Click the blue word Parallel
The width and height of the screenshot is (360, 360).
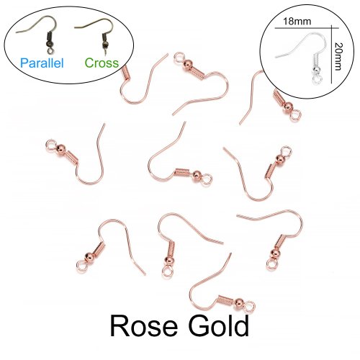[42, 63]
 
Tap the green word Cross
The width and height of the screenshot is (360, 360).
[102, 63]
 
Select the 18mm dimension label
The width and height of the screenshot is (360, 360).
[297, 22]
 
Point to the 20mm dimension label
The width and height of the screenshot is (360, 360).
[338, 56]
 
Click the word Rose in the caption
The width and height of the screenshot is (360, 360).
[144, 326]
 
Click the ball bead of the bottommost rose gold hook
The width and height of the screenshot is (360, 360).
[239, 302]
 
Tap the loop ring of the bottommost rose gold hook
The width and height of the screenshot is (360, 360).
[250, 306]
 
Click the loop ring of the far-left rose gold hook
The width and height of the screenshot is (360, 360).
[51, 145]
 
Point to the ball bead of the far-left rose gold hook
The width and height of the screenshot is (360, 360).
[61, 149]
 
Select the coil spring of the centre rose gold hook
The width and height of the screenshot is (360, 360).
[184, 172]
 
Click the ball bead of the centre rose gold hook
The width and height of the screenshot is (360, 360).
[197, 176]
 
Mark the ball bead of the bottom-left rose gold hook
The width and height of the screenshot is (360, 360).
[89, 257]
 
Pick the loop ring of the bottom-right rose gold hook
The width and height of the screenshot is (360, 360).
[271, 264]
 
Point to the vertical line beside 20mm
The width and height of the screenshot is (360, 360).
[331, 54]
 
